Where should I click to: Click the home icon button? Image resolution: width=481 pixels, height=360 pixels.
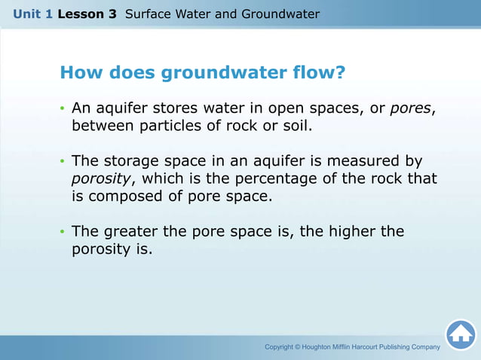pos(461,334)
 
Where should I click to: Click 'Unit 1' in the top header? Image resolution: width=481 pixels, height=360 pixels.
pos(32,14)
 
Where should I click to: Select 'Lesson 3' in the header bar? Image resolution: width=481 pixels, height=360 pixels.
pos(87,14)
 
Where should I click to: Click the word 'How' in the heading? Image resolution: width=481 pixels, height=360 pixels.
pos(79,73)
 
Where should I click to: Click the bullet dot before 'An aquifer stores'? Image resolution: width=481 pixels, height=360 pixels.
pos(63,110)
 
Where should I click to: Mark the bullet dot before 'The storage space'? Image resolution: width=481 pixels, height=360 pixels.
pos(63,163)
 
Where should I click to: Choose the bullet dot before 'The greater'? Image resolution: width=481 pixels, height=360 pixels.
pos(63,233)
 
